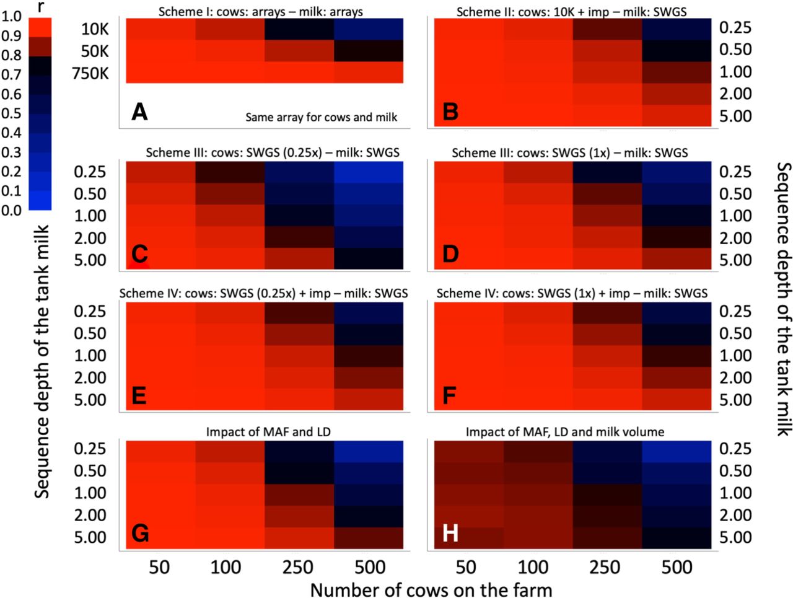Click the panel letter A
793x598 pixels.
click(139, 112)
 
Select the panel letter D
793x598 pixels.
click(450, 254)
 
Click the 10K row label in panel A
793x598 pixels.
click(95, 29)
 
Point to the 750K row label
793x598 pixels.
click(90, 73)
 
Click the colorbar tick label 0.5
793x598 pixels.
click(11, 113)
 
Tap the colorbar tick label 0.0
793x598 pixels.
click(11, 210)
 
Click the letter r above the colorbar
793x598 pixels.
click(40, 7)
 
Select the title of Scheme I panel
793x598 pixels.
click(260, 12)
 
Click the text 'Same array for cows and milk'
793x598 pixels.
click(321, 117)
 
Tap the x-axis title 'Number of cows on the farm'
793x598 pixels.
click(431, 589)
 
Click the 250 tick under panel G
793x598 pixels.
click(298, 567)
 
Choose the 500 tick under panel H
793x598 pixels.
click(677, 567)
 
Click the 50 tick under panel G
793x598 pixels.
click(159, 567)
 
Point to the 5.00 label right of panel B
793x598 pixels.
click(735, 116)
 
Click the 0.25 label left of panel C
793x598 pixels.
click(90, 172)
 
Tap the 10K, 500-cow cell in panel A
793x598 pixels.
click(369, 29)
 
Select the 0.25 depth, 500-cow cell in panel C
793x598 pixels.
click(369, 172)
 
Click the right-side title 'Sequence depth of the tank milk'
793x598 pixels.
click(783, 299)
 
